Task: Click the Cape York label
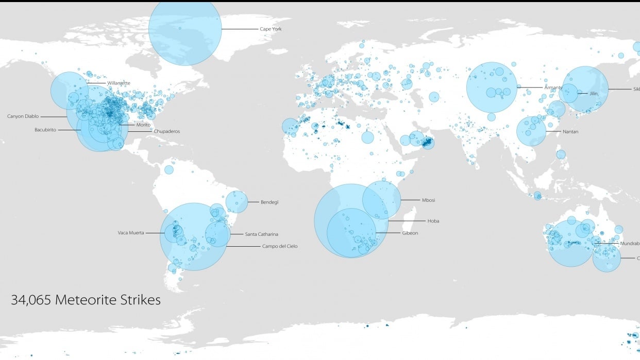point(271,29)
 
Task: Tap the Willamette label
point(119,83)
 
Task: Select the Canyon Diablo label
point(23,116)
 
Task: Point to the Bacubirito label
point(45,129)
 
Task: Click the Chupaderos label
point(166,131)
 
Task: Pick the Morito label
point(143,125)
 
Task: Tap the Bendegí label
point(270,202)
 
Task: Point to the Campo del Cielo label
point(280,246)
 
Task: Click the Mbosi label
point(429,200)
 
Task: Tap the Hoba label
point(433,221)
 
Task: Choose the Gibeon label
point(410,233)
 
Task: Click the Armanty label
point(553,88)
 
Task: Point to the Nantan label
point(570,132)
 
